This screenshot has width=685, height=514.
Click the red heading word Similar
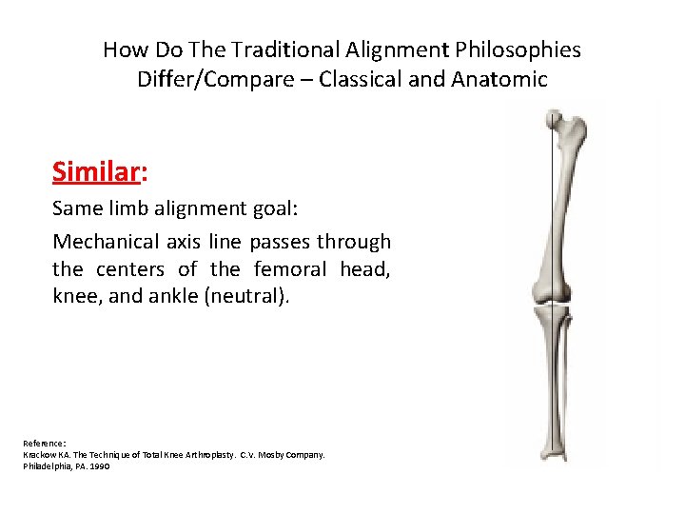click(x=94, y=171)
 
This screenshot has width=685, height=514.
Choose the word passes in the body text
click(x=281, y=242)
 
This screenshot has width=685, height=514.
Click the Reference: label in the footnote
click(x=45, y=443)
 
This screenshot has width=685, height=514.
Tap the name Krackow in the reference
click(x=42, y=455)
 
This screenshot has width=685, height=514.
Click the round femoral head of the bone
click(x=553, y=119)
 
